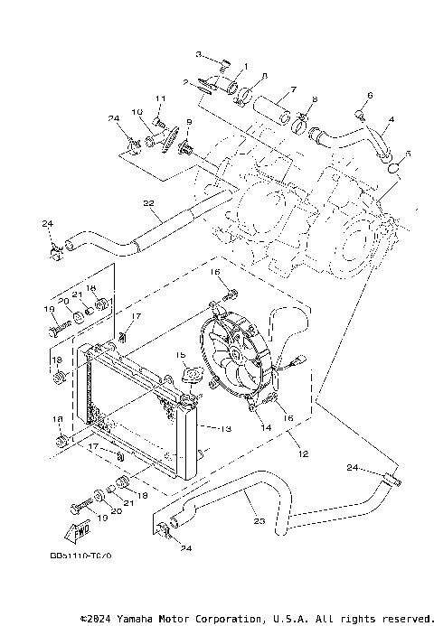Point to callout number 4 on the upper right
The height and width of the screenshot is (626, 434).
[x=391, y=119]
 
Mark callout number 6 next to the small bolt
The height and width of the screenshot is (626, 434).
[x=370, y=95]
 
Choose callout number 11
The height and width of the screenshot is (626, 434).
[x=159, y=98]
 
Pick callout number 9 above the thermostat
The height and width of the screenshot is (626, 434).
[x=190, y=122]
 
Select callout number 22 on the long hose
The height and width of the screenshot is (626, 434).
[x=149, y=203]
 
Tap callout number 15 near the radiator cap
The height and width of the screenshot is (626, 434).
[x=180, y=356]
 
